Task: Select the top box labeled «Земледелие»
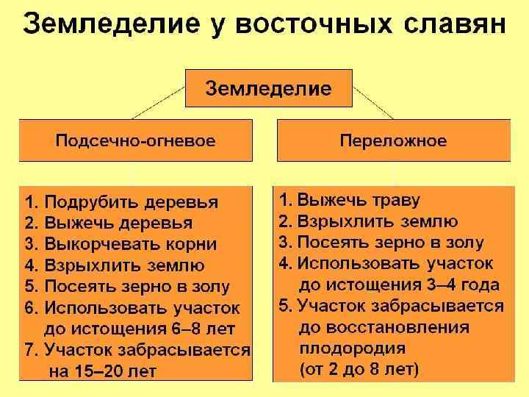pyautogui.click(x=268, y=89)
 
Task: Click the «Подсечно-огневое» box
pyautogui.click(x=136, y=140)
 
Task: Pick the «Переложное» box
pyautogui.click(x=393, y=140)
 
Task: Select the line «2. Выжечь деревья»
pyautogui.click(x=109, y=223)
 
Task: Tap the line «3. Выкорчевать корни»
pyautogui.click(x=120, y=244)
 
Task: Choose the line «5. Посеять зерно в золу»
pyautogui.click(x=127, y=287)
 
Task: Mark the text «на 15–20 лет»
pyautogui.click(x=102, y=371)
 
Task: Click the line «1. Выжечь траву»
pyautogui.click(x=349, y=200)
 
